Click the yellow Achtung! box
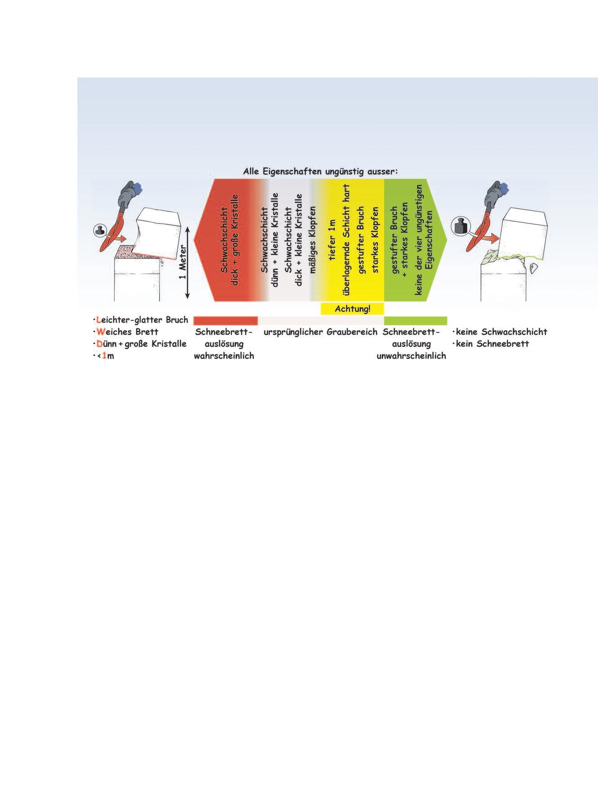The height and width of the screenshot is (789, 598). click(x=352, y=309)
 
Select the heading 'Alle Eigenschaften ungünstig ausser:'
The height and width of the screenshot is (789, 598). click(x=321, y=172)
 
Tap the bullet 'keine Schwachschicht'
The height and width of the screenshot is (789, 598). click(x=501, y=332)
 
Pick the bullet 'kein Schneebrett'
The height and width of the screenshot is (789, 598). click(x=492, y=344)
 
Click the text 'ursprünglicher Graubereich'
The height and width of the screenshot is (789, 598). click(x=321, y=332)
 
